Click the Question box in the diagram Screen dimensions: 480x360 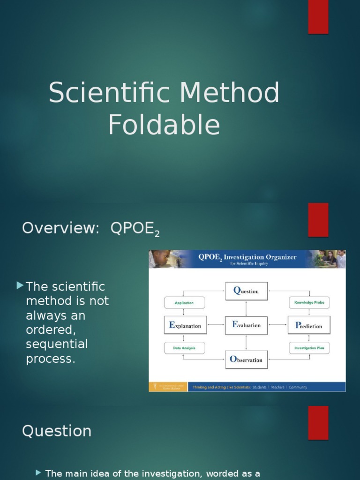pyautogui.click(x=246, y=291)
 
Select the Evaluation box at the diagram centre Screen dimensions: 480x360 pyautogui.click(x=246, y=325)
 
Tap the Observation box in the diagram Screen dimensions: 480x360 pyautogui.click(x=246, y=360)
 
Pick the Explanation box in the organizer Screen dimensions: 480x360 pyautogui.click(x=185, y=325)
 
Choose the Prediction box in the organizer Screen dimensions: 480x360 pyautogui.click(x=308, y=325)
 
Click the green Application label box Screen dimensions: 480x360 pyautogui.click(x=185, y=303)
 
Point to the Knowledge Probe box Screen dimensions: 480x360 pyautogui.click(x=309, y=303)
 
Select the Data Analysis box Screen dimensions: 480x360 pyautogui.click(x=185, y=348)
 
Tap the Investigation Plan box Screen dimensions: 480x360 pyautogui.click(x=309, y=348)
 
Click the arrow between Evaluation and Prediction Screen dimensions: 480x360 pyautogui.click(x=277, y=325)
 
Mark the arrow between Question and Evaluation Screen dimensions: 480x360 pyautogui.click(x=246, y=308)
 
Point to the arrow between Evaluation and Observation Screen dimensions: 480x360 pyautogui.click(x=246, y=343)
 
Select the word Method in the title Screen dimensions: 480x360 pyautogui.click(x=229, y=93)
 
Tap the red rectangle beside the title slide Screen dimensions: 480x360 pyautogui.click(x=318, y=17)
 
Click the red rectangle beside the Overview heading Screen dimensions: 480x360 pyautogui.click(x=318, y=220)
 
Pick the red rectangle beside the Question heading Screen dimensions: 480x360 pyautogui.click(x=318, y=423)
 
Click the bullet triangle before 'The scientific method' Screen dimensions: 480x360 pyautogui.click(x=19, y=285)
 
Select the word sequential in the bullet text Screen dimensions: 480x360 pyautogui.click(x=57, y=345)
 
